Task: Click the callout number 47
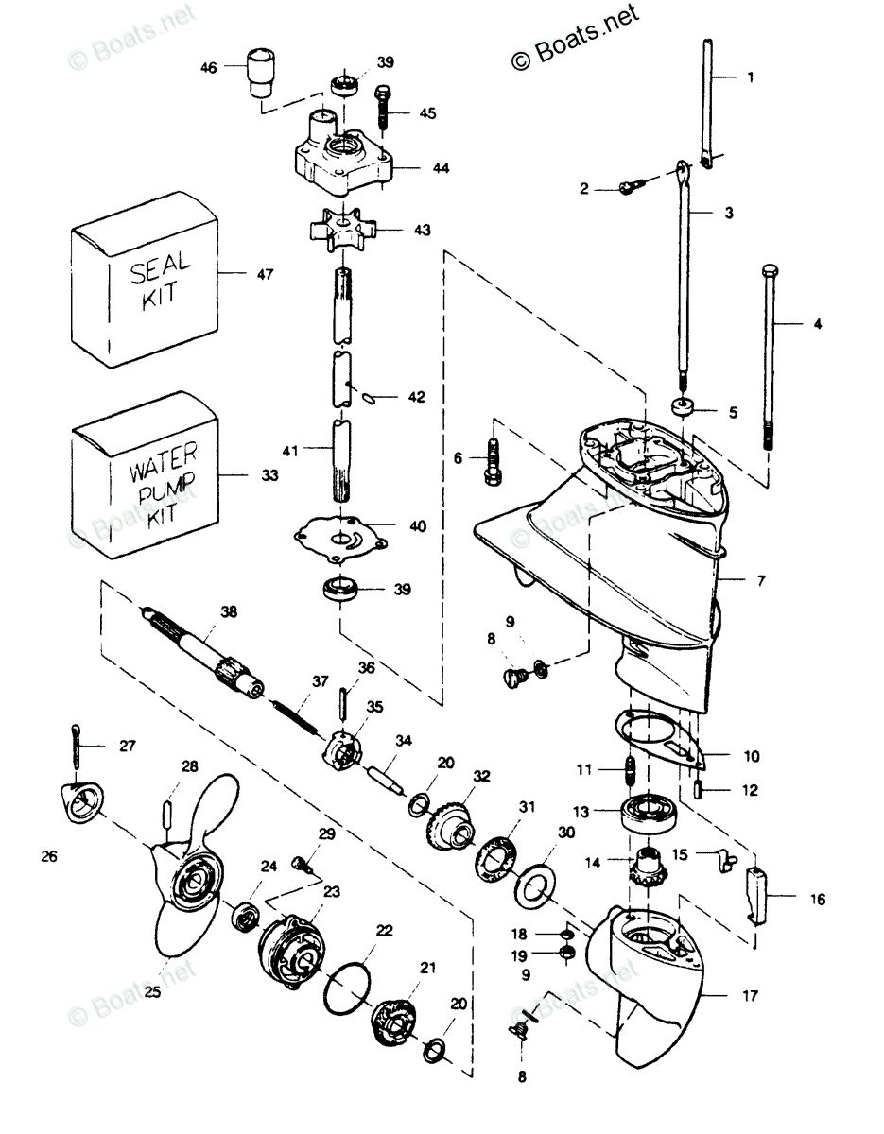pos(266,274)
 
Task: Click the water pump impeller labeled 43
pos(342,229)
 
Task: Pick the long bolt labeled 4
pos(769,357)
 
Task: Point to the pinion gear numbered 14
pos(649,870)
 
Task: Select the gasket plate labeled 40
pos(341,540)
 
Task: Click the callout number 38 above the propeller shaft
pos(229,611)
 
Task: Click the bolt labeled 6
pos(493,462)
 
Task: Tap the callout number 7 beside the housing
pos(761,580)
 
